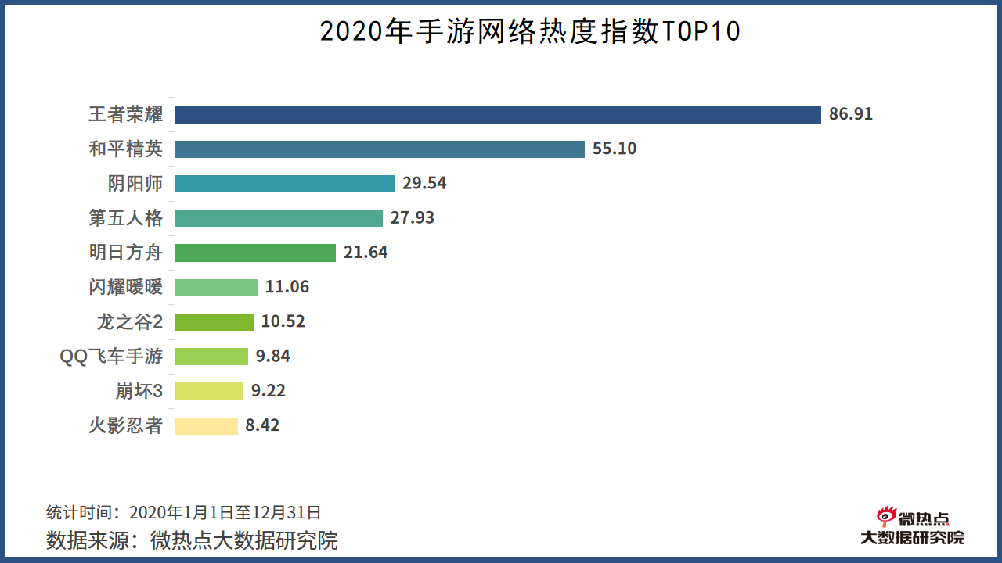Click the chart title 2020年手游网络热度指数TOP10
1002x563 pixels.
tap(530, 31)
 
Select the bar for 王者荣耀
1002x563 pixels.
tap(498, 115)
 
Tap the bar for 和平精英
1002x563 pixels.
tap(380, 149)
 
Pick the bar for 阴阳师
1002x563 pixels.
tap(284, 184)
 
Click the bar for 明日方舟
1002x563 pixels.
tap(255, 253)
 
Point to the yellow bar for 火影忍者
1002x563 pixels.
tap(206, 425)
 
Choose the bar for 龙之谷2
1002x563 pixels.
tap(214, 321)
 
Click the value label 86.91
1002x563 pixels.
tap(851, 115)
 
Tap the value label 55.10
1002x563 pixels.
tap(615, 149)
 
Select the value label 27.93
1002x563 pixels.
tap(413, 218)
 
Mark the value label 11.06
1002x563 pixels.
tap(287, 287)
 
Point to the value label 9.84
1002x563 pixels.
tap(273, 357)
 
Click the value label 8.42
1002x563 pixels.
tap(262, 425)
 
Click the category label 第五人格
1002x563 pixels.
tap(125, 218)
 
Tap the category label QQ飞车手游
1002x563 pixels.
tap(111, 357)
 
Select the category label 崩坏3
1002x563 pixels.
tap(139, 391)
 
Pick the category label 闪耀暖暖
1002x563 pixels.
tap(125, 287)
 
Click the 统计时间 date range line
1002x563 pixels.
tap(183, 513)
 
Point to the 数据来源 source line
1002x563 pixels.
tap(192, 540)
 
